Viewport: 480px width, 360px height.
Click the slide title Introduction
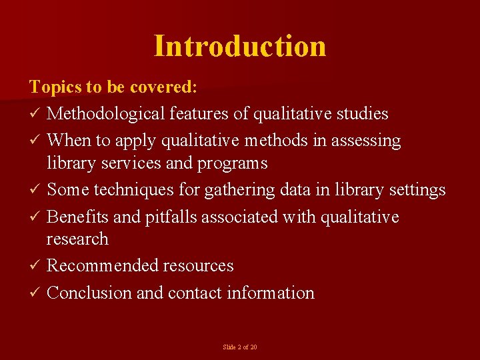tap(240, 46)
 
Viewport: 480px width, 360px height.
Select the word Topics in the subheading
tap(53, 87)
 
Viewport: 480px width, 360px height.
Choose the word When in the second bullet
tap(67, 141)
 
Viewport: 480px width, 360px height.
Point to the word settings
tap(417, 190)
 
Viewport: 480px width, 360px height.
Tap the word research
tap(77, 239)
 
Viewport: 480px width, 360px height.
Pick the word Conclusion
tap(89, 293)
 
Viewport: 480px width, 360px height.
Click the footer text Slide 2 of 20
tap(240, 347)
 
